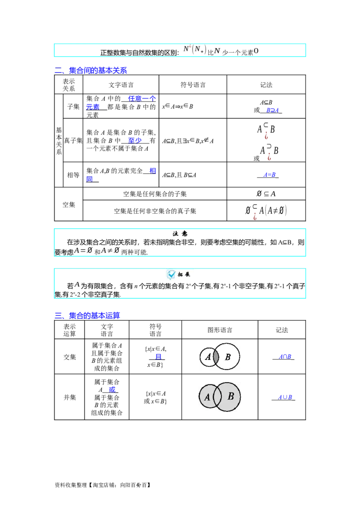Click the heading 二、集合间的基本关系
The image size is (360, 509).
[90, 70]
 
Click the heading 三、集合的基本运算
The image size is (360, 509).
[87, 315]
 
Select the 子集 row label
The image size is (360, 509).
[73, 107]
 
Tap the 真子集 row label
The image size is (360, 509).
[73, 140]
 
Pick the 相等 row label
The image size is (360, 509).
[73, 175]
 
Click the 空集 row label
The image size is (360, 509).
[68, 205]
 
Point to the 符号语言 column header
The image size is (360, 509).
[193, 85]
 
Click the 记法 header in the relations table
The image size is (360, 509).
[266, 85]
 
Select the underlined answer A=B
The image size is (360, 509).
[270, 174]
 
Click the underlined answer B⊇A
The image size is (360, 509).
[272, 110]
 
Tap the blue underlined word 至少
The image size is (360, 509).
[135, 140]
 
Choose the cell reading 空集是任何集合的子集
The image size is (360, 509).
[155, 194]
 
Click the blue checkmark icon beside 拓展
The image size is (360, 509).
[171, 275]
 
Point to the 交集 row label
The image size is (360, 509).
[70, 357]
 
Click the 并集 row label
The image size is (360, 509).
[70, 397]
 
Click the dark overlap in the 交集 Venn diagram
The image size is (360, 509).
[216, 357]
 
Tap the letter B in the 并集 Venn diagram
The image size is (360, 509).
[231, 396]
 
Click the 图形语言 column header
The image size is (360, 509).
[220, 330]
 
